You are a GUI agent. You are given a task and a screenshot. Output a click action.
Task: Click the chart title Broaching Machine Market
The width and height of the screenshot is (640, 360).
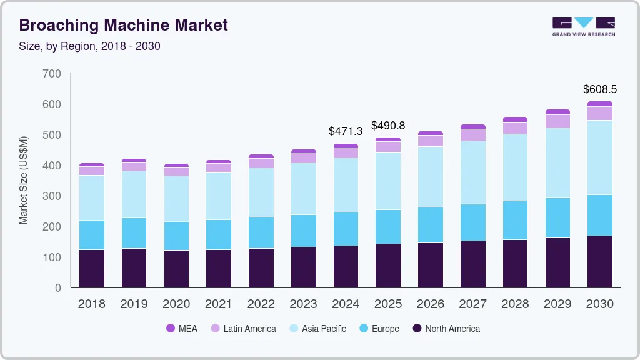pyautogui.click(x=124, y=25)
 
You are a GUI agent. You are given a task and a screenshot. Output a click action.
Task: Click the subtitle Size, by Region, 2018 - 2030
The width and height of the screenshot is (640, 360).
pyautogui.click(x=89, y=46)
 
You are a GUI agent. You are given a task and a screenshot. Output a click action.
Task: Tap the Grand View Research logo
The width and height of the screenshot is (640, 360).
pyautogui.click(x=583, y=27)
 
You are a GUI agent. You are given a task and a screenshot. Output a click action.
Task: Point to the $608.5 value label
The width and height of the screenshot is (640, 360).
pyautogui.click(x=599, y=89)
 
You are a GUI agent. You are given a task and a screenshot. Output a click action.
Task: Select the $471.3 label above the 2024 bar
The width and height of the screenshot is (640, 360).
pyautogui.click(x=346, y=131)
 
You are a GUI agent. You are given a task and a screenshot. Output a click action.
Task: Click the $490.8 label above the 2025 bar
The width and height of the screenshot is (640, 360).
pyautogui.click(x=388, y=126)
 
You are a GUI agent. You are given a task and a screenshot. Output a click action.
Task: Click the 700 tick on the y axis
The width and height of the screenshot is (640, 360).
pyautogui.click(x=52, y=74)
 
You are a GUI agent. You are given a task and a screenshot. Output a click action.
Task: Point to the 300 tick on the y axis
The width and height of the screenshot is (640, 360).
pyautogui.click(x=52, y=196)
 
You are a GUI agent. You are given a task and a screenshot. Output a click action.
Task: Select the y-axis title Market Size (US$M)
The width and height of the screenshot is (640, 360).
pyautogui.click(x=24, y=180)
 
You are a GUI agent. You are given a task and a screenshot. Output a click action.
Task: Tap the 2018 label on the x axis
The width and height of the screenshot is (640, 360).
pyautogui.click(x=91, y=304)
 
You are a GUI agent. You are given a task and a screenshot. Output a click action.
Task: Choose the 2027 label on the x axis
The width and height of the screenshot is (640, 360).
pyautogui.click(x=473, y=304)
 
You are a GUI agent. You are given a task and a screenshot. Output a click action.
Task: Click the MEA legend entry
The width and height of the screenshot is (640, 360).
pyautogui.click(x=181, y=328)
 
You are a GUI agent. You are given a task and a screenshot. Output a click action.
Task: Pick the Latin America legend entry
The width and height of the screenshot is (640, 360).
pyautogui.click(x=243, y=328)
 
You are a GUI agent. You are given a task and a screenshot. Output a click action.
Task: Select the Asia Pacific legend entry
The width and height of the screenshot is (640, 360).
pyautogui.click(x=317, y=328)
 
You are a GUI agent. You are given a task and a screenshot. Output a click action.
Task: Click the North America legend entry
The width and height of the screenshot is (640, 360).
pyautogui.click(x=446, y=328)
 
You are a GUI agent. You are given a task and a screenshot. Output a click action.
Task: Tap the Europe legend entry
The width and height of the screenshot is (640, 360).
pyautogui.click(x=378, y=328)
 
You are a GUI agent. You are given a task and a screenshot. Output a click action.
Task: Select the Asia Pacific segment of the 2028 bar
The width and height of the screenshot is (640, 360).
pyautogui.click(x=515, y=167)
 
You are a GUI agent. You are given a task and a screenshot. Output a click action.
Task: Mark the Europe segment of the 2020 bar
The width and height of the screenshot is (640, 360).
pyautogui.click(x=176, y=236)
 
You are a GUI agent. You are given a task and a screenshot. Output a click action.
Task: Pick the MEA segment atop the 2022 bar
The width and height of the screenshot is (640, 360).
pyautogui.click(x=261, y=156)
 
